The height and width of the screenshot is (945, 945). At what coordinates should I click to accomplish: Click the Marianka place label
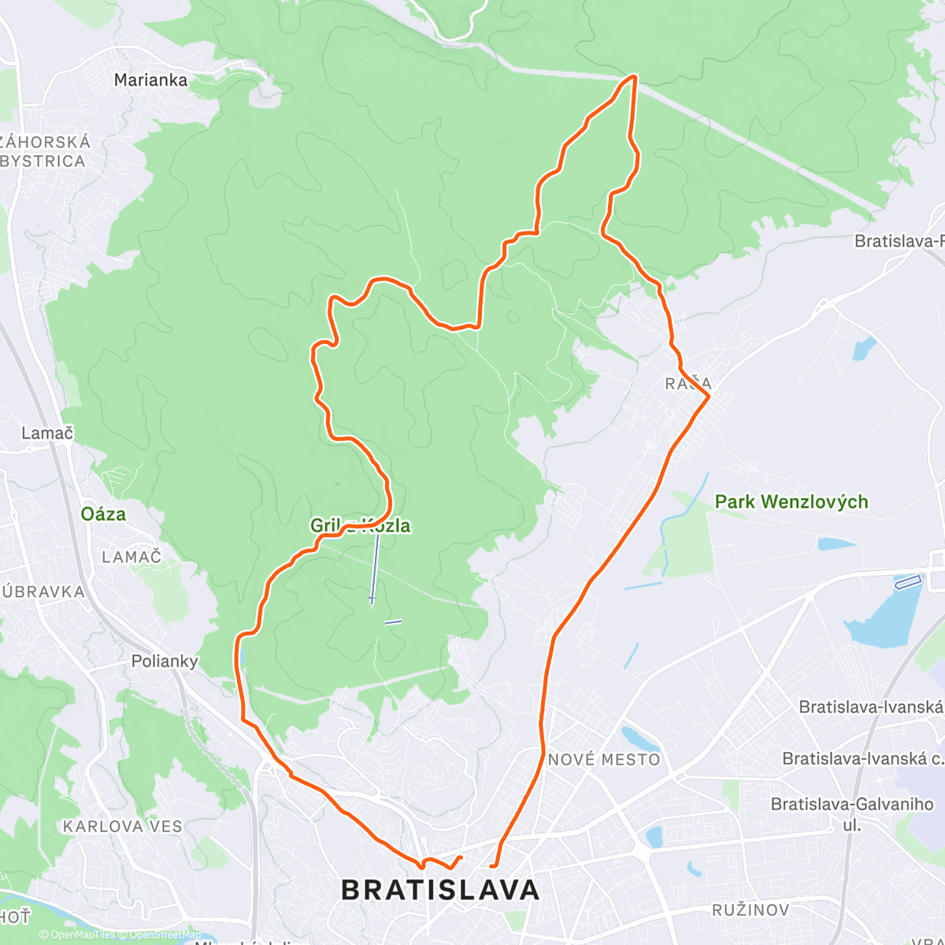coord(150,80)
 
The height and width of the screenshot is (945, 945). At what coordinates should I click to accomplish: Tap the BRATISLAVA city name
coord(440,890)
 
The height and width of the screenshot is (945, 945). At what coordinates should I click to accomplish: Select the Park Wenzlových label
coord(791,502)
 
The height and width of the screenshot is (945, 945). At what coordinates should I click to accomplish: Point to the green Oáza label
coord(103,514)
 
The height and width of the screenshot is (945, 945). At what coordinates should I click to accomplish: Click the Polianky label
coord(165,661)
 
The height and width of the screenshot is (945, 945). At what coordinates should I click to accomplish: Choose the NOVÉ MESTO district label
coord(604,760)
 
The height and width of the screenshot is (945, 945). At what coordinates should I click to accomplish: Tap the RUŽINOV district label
coord(750,910)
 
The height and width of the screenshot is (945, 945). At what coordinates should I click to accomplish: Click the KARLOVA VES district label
coord(123,827)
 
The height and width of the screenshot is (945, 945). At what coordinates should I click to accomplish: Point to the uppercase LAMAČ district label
coord(132,558)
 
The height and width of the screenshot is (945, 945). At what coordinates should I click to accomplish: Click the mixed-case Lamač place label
coord(47,433)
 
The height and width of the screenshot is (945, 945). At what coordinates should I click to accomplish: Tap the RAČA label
coord(687,384)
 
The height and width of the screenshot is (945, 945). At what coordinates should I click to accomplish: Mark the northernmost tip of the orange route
coord(634,76)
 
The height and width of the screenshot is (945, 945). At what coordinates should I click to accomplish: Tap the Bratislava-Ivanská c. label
coord(862,758)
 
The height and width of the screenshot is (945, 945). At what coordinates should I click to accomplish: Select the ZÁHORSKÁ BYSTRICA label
coord(45,152)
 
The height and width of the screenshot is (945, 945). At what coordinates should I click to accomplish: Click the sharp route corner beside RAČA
coord(710,397)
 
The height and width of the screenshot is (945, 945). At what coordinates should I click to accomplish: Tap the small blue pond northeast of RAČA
coord(864,348)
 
